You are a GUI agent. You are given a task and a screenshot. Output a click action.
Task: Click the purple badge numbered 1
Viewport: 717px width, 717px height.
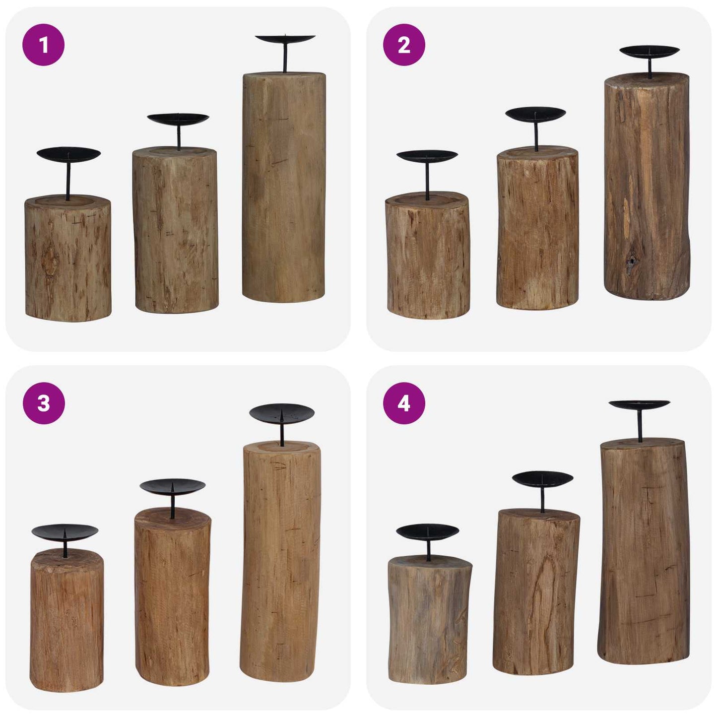[x=44, y=45]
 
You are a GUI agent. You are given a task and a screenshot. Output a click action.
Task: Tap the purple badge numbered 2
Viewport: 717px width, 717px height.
[x=404, y=45]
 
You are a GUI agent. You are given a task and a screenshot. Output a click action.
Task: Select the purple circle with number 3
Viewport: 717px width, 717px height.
[x=44, y=403]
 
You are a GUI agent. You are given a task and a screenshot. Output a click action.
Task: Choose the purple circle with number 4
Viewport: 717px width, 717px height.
[x=404, y=403]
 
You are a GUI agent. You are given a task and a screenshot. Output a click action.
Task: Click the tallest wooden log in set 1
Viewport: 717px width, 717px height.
[x=284, y=189]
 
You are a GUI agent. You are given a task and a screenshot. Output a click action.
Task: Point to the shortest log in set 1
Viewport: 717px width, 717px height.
[x=68, y=258]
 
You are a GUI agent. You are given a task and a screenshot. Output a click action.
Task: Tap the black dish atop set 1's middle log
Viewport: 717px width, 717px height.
[x=178, y=119]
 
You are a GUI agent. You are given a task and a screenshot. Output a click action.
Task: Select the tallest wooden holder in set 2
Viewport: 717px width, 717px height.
[x=647, y=189]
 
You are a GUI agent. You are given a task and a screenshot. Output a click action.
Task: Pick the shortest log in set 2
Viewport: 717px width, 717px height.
[x=428, y=256]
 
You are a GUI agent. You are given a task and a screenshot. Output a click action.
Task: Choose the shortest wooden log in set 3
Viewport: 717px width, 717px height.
[x=67, y=620]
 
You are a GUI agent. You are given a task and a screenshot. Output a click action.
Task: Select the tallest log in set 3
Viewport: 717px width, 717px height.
[x=280, y=561]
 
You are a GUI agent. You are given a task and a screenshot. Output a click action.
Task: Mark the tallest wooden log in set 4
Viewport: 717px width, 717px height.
[x=644, y=551]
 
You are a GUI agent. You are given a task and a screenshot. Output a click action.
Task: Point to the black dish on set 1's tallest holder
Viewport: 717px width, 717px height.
[x=285, y=39]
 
